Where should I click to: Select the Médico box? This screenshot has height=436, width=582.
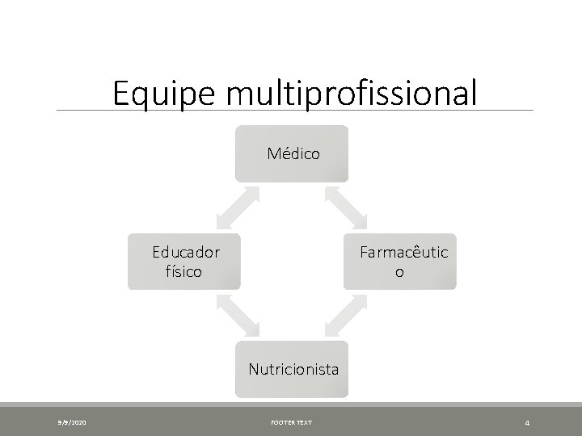tap(292, 153)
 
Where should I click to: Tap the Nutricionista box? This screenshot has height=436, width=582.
tap(292, 370)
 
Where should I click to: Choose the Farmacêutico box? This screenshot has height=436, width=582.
tap(400, 262)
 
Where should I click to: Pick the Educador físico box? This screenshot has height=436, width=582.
tap(184, 262)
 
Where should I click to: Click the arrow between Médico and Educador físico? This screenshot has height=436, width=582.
tap(237, 208)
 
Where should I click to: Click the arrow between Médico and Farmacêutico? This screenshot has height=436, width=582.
tap(345, 208)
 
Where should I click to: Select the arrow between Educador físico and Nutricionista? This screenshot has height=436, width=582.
tap(237, 315)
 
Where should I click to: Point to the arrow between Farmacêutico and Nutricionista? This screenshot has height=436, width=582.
tap(345, 315)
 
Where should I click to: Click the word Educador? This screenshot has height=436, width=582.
tap(186, 252)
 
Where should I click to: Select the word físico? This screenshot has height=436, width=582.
tap(183, 271)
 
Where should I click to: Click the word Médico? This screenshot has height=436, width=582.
tap(292, 153)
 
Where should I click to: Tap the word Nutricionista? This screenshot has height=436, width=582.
tap(293, 371)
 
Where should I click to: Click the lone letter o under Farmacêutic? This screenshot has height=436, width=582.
tap(399, 272)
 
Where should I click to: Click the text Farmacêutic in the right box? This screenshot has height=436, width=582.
tap(404, 252)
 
